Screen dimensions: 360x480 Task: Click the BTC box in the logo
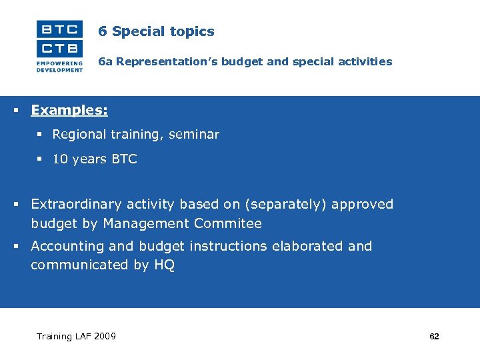click(60, 29)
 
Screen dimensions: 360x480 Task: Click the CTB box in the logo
click(60, 48)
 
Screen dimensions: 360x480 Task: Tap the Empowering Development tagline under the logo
click(60, 67)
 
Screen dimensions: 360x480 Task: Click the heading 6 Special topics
click(156, 31)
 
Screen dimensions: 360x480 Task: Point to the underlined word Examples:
click(69, 110)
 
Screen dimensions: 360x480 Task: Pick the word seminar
click(193, 135)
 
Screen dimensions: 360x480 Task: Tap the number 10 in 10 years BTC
click(59, 159)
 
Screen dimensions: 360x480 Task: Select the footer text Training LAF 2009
click(76, 336)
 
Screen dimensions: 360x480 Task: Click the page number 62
click(434, 337)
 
